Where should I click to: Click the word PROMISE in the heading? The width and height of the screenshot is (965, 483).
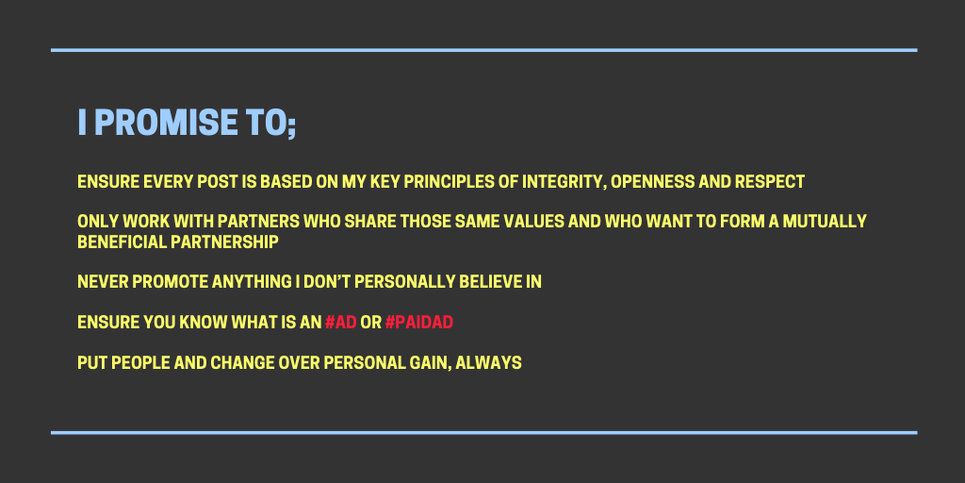(x=166, y=123)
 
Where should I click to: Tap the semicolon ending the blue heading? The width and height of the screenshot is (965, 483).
(x=290, y=125)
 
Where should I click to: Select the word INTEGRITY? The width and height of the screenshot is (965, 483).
(x=562, y=182)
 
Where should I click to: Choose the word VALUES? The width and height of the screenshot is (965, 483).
(x=534, y=221)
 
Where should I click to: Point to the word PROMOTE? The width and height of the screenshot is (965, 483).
(x=170, y=282)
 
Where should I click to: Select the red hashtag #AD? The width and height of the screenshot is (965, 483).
(x=341, y=323)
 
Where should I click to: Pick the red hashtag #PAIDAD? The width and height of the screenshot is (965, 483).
(x=419, y=323)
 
